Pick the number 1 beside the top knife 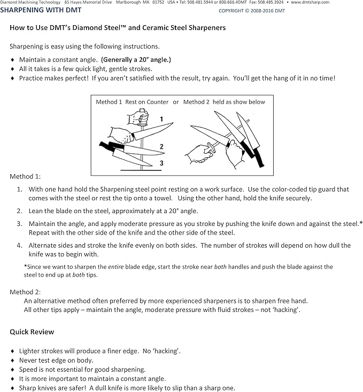(161, 119)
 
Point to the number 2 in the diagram (161, 146)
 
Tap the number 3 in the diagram (161, 163)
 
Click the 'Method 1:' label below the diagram (25, 176)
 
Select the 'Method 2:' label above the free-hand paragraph (25, 292)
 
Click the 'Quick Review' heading (32, 332)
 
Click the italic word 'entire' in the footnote (116, 266)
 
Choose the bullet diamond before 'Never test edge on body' (12, 360)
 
